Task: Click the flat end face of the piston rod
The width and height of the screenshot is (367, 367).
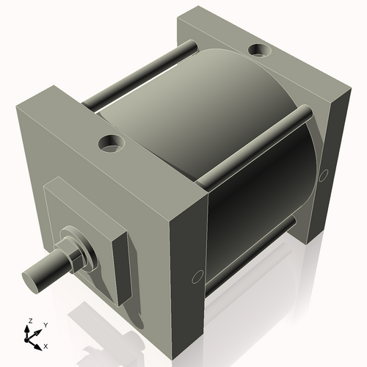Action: point(32,277)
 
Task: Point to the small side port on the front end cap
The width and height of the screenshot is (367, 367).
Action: point(196,277)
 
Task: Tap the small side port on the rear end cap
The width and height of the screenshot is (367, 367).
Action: point(324,174)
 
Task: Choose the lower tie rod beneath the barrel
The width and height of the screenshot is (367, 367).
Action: point(250,257)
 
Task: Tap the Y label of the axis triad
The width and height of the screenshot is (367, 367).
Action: point(46,324)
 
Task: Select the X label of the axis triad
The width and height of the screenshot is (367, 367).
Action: point(46,345)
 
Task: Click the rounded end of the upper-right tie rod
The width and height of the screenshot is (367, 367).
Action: point(302,112)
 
